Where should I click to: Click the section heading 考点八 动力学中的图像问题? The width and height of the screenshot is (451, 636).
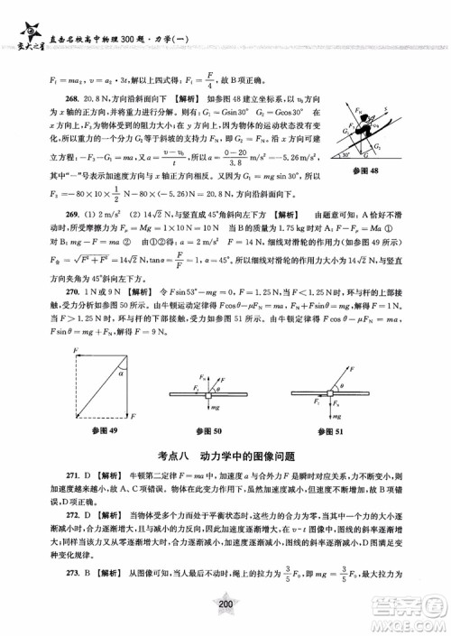(x=225, y=456)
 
